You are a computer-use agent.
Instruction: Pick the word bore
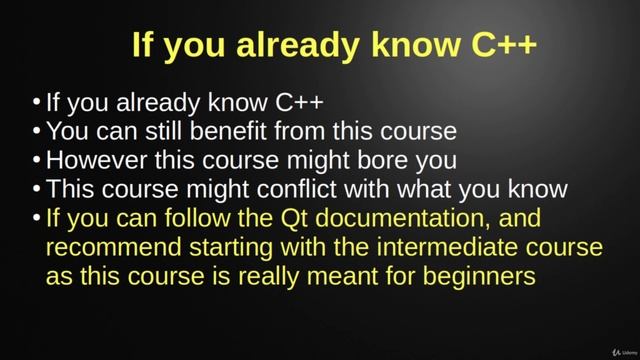pos(375,160)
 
